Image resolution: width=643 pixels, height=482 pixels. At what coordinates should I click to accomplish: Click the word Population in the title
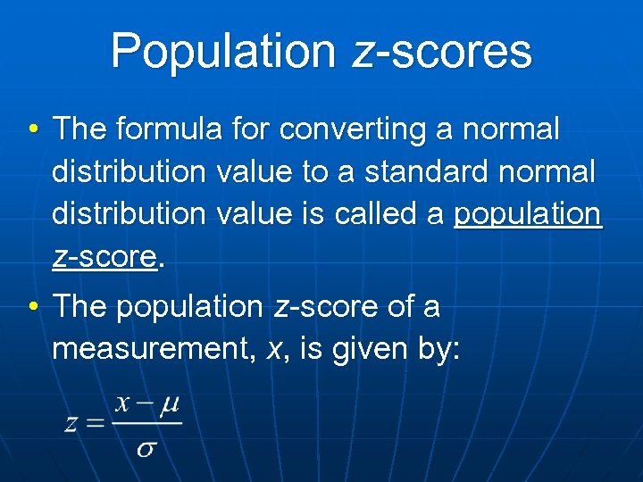pos(226,51)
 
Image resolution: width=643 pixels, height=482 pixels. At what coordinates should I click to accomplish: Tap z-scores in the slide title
pos(443,51)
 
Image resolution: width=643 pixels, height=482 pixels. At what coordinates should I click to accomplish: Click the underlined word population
pos(528,215)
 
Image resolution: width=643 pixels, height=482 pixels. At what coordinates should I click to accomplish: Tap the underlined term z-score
pos(104,258)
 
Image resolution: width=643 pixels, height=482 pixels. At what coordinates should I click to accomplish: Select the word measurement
pos(154,349)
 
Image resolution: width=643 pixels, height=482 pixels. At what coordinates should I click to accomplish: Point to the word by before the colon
pos(436,349)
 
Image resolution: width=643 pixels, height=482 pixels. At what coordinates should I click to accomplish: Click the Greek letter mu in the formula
pos(169,406)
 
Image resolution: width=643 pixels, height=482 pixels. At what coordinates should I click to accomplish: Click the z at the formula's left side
pos(71,423)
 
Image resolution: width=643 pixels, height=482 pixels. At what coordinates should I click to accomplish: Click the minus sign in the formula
pos(145,406)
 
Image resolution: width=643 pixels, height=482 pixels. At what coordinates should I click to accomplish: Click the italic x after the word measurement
pos(273,350)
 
